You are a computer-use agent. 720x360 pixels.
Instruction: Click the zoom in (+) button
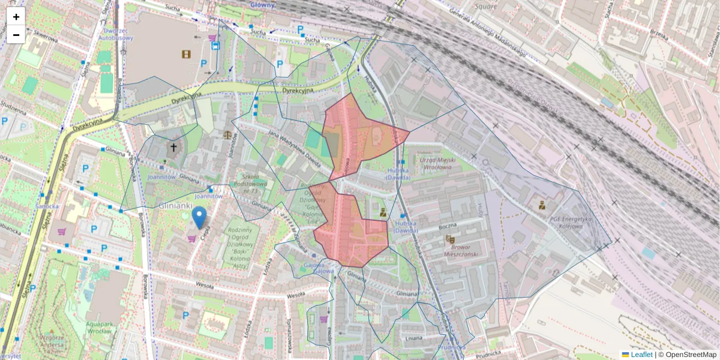tap(16, 17)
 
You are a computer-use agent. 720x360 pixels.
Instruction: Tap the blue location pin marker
tap(199, 217)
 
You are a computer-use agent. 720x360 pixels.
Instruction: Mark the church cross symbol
tap(173, 147)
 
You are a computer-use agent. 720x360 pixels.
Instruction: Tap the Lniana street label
tap(414, 338)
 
